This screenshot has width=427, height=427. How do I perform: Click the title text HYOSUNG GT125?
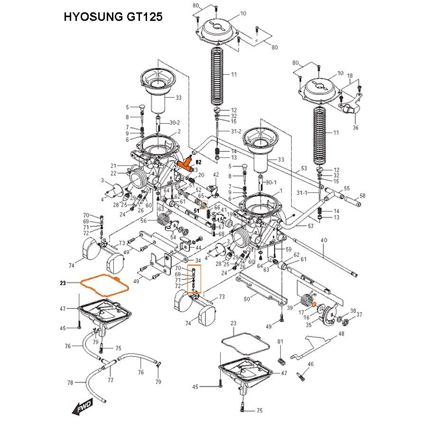(113, 18)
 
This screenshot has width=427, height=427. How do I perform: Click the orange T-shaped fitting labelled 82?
(186, 163)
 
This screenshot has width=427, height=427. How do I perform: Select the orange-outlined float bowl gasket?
(104, 285)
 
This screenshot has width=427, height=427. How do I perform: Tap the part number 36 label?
(355, 128)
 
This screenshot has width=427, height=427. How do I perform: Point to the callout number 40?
(324, 241)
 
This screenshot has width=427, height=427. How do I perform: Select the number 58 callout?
(362, 195)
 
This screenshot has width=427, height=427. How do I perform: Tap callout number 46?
(311, 364)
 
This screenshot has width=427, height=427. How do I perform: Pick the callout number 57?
(310, 226)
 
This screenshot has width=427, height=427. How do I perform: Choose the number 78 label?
(70, 382)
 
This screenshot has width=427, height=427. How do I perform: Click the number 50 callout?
(247, 299)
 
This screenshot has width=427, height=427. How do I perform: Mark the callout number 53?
(304, 168)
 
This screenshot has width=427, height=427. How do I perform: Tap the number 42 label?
(215, 175)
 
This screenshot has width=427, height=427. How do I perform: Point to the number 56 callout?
(143, 220)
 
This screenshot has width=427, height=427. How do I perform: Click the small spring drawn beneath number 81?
(280, 360)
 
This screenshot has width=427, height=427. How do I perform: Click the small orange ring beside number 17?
(314, 305)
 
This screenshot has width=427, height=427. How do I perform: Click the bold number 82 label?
(199, 162)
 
